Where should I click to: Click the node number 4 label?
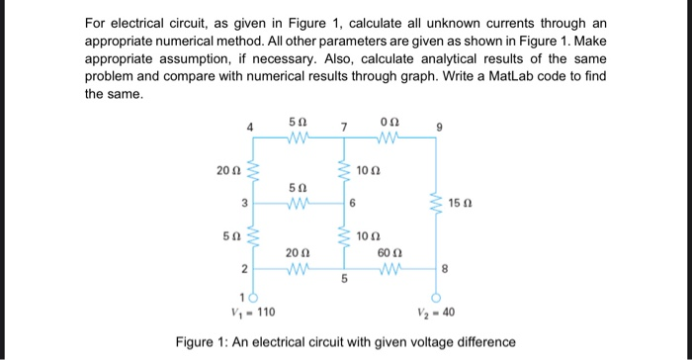(x=250, y=128)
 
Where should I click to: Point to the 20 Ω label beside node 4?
(x=226, y=170)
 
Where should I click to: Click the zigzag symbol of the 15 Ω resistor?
(x=436, y=205)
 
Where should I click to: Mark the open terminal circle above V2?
(x=436, y=299)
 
